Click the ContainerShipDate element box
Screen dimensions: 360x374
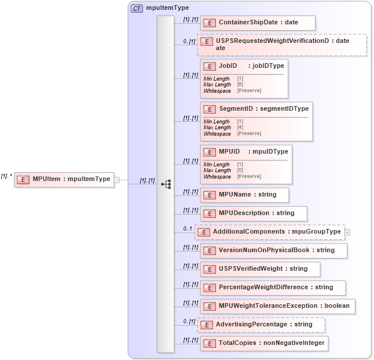coord(258,23)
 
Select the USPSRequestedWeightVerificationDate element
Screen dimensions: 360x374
coord(282,45)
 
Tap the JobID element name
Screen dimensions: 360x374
coord(228,66)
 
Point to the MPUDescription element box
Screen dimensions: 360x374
coord(254,213)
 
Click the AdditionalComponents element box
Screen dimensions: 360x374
coord(270,232)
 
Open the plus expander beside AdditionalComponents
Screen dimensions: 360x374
coord(347,232)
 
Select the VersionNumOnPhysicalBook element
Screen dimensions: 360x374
coord(274,250)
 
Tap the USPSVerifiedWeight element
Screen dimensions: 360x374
coord(260,269)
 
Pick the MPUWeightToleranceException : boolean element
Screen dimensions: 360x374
coord(277,306)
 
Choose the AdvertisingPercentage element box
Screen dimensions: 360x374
coord(261,325)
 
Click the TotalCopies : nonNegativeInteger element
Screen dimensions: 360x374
coord(265,343)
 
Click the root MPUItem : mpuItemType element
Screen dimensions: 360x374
coord(64,179)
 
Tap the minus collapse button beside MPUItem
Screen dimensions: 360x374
coord(116,180)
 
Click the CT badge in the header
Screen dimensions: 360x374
coord(137,8)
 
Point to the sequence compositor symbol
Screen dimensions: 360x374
coord(166,184)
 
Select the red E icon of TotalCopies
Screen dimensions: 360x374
coord(209,343)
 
